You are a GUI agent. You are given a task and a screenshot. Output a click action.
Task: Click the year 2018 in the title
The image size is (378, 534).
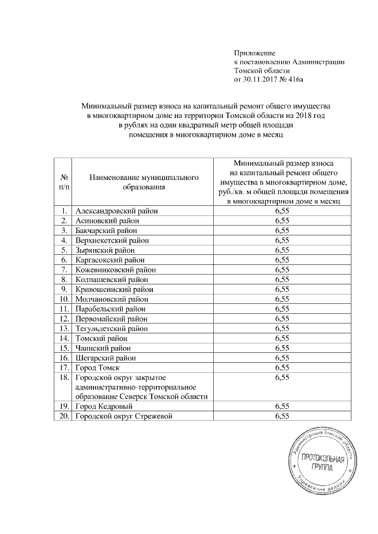[x=303, y=116]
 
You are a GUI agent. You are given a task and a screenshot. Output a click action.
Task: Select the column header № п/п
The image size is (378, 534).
[x=63, y=182]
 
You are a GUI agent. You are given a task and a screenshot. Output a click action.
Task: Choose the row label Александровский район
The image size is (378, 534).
[x=117, y=210]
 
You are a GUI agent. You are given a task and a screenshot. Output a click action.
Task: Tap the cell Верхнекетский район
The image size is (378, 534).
[x=112, y=240]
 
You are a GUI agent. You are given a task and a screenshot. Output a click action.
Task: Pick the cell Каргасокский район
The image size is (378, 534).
[x=110, y=260]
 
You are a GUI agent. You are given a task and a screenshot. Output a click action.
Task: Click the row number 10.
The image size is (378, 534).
[x=63, y=299]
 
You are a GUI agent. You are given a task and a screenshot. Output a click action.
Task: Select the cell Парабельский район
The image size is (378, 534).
[x=110, y=309]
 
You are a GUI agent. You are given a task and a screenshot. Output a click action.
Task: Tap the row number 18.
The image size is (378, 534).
[x=63, y=378]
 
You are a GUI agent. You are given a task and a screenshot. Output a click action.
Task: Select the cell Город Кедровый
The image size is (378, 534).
[x=104, y=407]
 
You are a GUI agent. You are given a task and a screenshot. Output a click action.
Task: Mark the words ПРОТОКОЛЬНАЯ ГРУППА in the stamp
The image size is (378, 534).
[x=321, y=463]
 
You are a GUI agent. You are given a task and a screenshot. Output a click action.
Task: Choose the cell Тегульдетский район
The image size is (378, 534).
[x=112, y=329]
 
